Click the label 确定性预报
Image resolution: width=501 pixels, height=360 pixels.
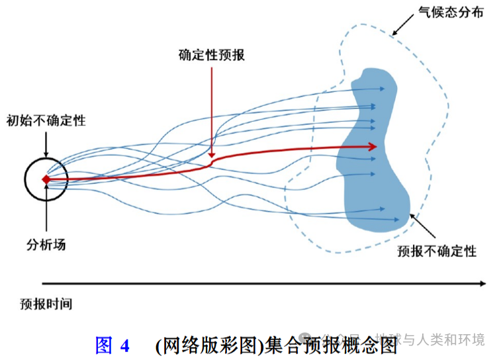point(212,55)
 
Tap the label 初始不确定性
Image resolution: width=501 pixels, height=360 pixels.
point(46,120)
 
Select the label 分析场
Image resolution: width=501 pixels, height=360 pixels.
point(46,245)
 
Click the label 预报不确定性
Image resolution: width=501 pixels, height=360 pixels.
point(437,251)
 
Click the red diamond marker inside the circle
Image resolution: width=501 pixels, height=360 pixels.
point(46,179)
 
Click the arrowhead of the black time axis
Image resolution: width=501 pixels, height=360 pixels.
point(482,283)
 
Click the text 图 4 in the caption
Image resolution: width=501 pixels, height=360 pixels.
point(112,345)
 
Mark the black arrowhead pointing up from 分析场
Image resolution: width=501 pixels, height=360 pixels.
point(46,186)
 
